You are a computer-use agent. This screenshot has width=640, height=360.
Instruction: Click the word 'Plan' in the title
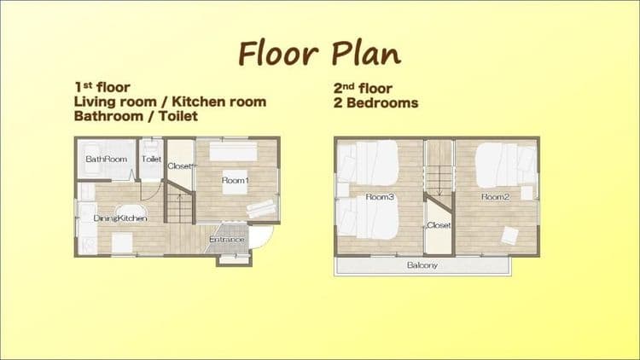[366, 54]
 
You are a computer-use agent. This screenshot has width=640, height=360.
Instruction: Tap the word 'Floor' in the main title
[278, 54]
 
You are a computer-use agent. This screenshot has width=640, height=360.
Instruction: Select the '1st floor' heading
[102, 87]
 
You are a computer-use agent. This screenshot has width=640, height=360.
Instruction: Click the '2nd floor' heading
[363, 88]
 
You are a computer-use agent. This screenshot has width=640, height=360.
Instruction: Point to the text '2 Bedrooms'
[375, 103]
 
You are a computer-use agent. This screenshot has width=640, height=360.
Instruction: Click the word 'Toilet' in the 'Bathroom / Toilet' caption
[178, 116]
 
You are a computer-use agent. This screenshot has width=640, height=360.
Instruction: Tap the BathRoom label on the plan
[106, 159]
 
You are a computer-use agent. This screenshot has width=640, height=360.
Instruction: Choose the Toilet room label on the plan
[151, 159]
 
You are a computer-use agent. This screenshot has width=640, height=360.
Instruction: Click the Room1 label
[236, 180]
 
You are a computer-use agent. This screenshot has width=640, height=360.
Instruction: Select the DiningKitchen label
[120, 218]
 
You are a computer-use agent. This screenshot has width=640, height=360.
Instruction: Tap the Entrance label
[226, 239]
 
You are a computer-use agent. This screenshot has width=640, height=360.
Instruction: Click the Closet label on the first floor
[179, 165]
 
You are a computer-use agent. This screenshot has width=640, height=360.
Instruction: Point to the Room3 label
[380, 197]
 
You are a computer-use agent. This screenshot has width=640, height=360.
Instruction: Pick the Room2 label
[496, 197]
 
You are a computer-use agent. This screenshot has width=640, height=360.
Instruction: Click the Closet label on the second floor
[439, 225]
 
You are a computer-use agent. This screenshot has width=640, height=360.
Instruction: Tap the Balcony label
[422, 265]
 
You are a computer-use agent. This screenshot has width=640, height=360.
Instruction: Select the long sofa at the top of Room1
[234, 152]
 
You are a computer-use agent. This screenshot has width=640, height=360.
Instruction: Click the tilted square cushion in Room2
[509, 235]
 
